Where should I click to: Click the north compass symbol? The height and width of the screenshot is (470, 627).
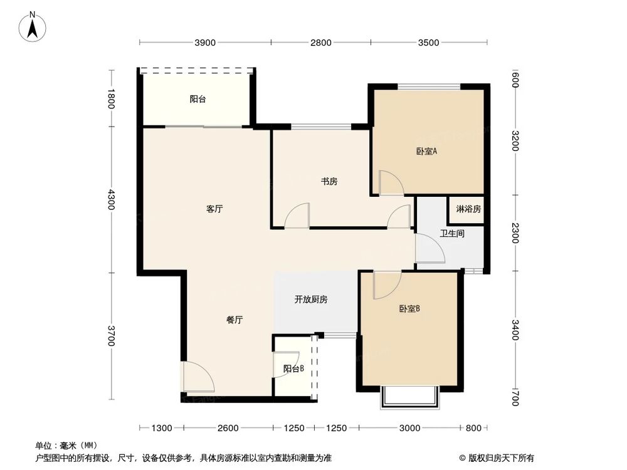[x=33, y=27]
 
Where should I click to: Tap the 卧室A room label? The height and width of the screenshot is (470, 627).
[x=426, y=151]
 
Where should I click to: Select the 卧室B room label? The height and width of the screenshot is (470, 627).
[x=409, y=308]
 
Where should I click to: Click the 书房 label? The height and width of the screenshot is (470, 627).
[x=329, y=182]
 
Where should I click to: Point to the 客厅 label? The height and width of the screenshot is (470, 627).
[x=214, y=210]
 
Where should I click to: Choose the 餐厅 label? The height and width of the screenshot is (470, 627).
[x=234, y=320]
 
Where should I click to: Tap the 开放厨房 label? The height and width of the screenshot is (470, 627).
[x=311, y=300]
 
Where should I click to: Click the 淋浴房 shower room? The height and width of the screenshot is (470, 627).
[x=468, y=209]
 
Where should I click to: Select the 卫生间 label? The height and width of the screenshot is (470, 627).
[x=451, y=234]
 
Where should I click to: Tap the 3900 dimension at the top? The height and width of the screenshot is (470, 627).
[x=205, y=43]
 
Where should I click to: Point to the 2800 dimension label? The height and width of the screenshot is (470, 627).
[x=320, y=43]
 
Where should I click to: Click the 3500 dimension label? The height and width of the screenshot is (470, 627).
[x=429, y=43]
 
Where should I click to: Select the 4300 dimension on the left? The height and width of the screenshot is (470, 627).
[x=112, y=201]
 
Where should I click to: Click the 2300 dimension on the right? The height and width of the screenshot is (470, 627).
[x=515, y=232]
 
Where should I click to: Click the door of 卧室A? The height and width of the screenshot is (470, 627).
[x=391, y=182]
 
